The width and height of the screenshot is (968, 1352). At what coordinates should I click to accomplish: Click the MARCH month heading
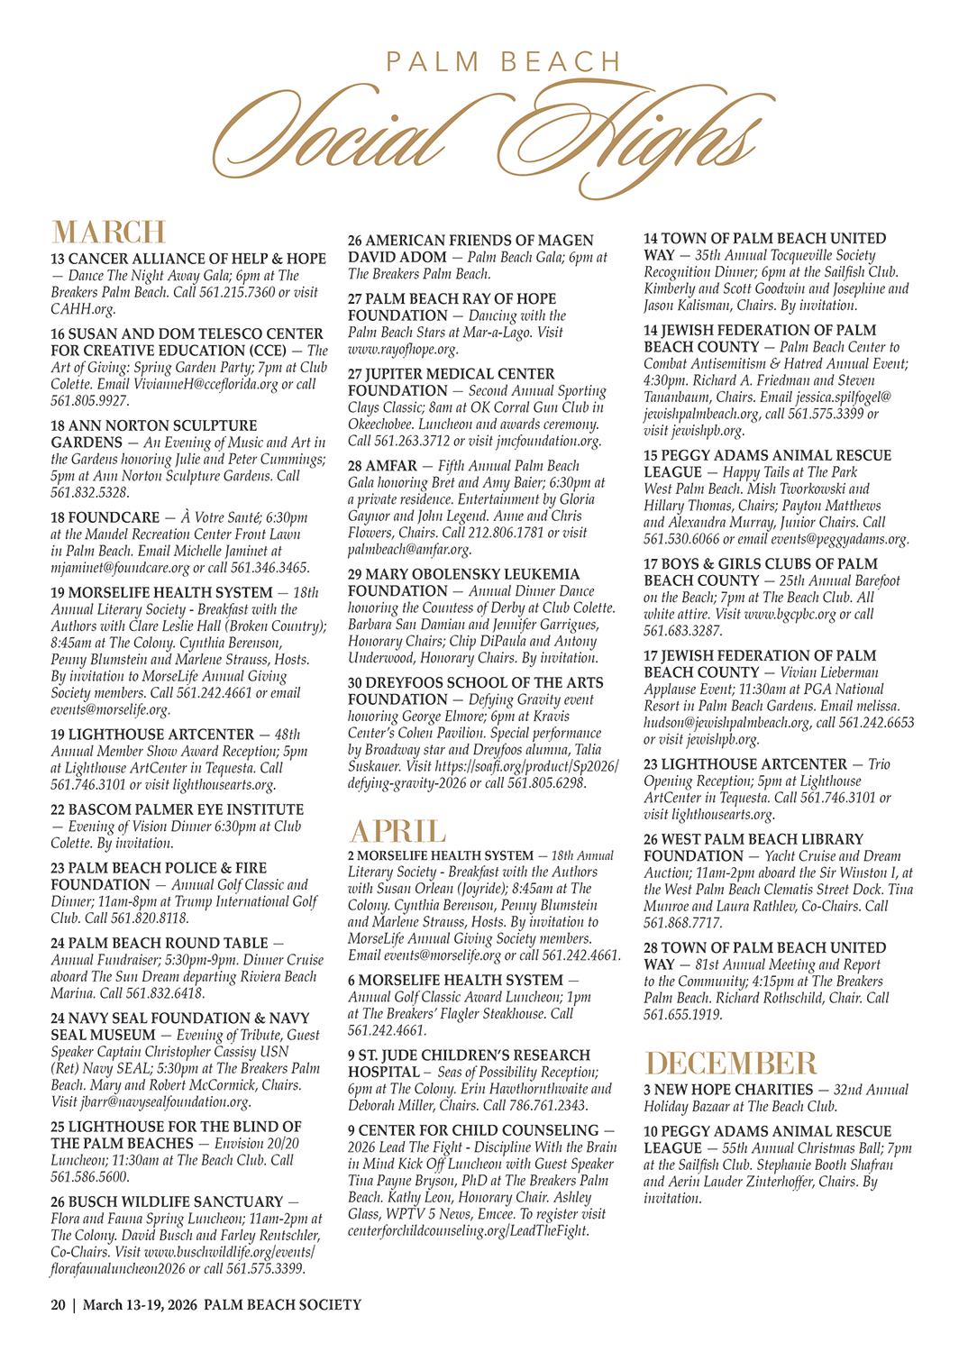coord(109,232)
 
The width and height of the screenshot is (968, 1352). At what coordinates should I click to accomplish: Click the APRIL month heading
coord(397,831)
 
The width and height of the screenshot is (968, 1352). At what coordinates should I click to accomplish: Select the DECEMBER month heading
coord(731,1064)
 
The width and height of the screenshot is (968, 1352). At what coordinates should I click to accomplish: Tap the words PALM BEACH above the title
coord(503,61)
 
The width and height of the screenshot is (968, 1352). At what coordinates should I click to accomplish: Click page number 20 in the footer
coord(58,1304)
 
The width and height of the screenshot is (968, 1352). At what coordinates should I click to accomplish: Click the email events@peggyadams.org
coord(839,539)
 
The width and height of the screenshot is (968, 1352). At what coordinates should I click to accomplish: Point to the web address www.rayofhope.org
coord(403,349)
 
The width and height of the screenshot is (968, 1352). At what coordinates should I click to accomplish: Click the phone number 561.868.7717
coord(682,923)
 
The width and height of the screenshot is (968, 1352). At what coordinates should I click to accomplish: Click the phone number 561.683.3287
coord(682,631)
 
